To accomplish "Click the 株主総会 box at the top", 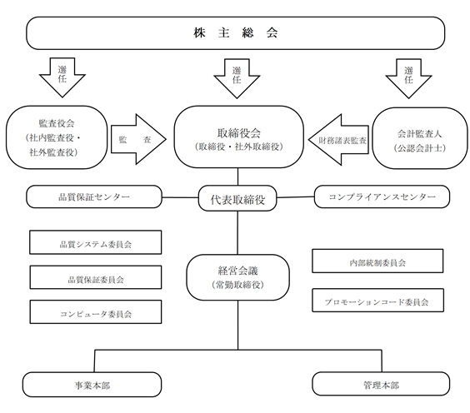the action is coord(236,33).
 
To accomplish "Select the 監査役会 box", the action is coord(57,137).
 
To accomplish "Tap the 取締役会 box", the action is coord(238,137).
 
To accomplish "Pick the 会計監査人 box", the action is coord(420,138).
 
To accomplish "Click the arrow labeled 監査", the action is coord(138,139).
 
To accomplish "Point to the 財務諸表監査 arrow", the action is coord(338,140).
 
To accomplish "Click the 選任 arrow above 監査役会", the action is coord(62,77).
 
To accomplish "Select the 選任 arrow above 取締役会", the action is coord(237,78).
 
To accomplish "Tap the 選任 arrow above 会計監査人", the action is coord(408,78).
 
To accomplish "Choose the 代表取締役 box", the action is coord(237,198).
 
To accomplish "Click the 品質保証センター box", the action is coord(94,197).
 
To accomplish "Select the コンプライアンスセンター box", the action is coord(382,197).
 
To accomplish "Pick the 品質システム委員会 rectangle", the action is coord(96,242).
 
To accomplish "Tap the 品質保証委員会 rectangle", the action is coord(96,277).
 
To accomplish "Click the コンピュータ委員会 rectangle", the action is coord(96,311).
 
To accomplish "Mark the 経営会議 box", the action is coord(238,277).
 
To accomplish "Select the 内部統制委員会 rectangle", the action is coord(377,261).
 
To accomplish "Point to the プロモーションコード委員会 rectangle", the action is coord(378,300).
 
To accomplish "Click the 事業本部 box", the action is coord(92,385).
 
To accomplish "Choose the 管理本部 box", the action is coord(381,384).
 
